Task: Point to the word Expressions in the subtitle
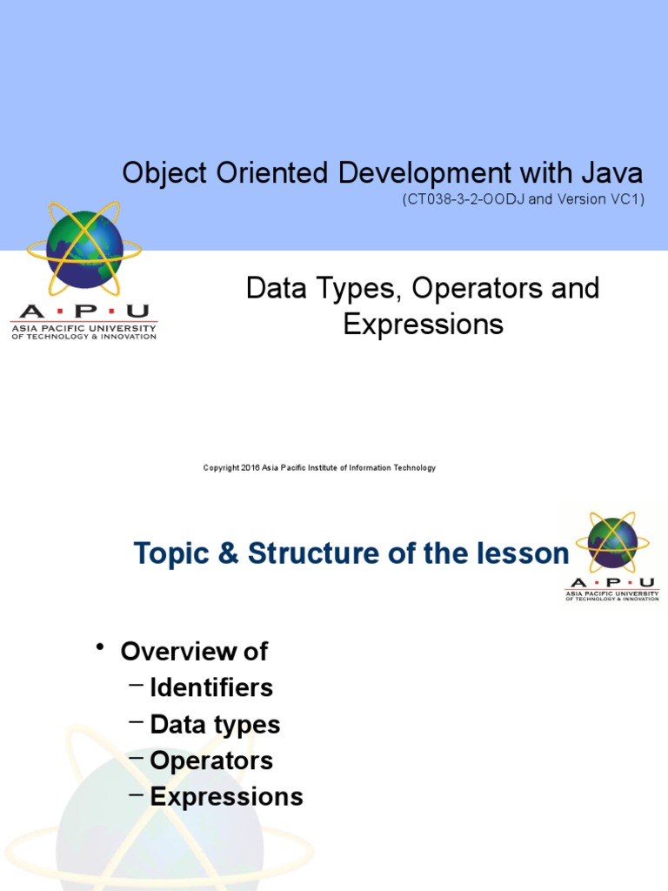(423, 324)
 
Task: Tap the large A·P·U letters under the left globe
(83, 312)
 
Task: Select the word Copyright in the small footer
(220, 468)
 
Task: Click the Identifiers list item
(211, 687)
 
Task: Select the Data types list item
(215, 724)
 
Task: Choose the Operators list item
(211, 760)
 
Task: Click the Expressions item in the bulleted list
(226, 797)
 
